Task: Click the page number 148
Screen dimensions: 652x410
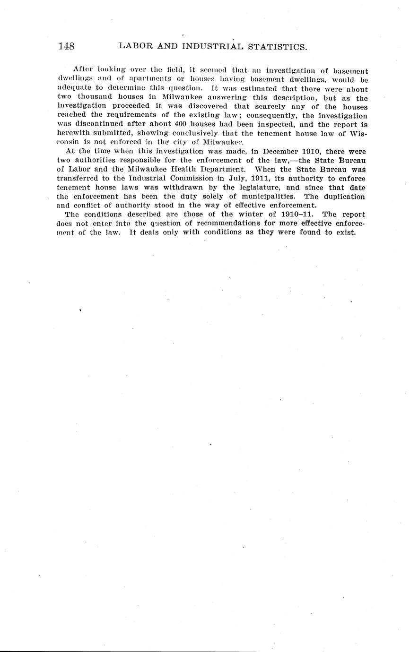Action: point(66,46)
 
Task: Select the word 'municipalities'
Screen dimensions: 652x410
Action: point(273,196)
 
